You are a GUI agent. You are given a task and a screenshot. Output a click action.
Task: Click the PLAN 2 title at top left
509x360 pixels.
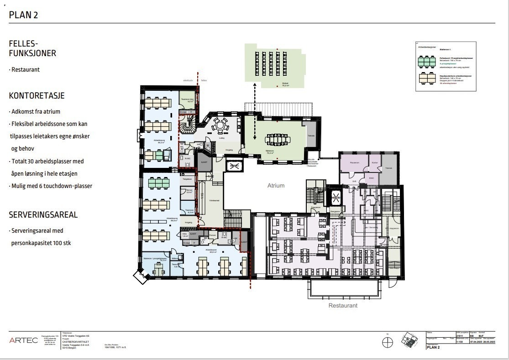(23, 15)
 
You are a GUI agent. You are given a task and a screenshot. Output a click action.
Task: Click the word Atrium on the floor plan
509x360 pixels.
(276, 186)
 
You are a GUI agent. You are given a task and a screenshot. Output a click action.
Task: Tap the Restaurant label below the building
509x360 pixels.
(343, 305)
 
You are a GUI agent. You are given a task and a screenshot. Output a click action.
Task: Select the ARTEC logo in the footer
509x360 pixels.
(24, 340)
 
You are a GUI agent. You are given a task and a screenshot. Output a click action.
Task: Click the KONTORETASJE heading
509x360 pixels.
(37, 96)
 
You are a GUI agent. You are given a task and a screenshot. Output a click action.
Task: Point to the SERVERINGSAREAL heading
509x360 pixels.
(43, 214)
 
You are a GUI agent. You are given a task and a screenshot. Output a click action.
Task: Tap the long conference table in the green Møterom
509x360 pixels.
(274, 139)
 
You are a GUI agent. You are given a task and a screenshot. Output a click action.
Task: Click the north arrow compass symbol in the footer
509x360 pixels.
(388, 341)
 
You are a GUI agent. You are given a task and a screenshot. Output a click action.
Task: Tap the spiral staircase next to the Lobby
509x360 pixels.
(187, 125)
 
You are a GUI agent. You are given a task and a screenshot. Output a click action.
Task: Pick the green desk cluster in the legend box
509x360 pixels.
(426, 61)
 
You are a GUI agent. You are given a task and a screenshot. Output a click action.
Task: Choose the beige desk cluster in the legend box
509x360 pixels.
(426, 78)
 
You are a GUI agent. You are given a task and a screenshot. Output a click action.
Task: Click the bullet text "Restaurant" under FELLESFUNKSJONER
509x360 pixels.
(25, 70)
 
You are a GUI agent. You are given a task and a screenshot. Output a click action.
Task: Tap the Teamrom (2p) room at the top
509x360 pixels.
(187, 100)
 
